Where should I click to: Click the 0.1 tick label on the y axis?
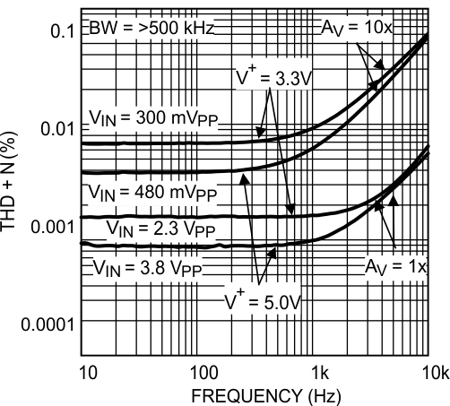(59, 31)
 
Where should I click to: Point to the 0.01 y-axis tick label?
(55, 128)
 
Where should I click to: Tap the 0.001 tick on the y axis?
(50, 225)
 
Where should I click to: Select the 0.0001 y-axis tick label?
(45, 322)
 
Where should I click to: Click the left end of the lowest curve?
(82, 243)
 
